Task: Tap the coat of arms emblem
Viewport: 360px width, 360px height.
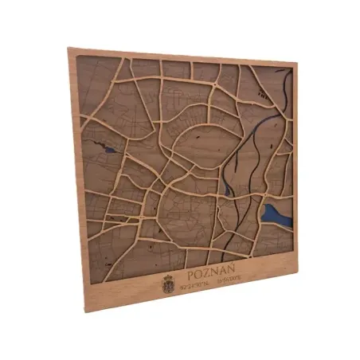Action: (x=168, y=282)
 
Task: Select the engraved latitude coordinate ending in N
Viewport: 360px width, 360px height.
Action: (x=197, y=284)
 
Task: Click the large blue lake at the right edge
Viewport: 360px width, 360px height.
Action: (x=275, y=213)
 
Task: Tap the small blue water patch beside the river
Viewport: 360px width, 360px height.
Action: (x=228, y=190)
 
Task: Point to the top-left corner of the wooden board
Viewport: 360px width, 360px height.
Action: (x=68, y=49)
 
